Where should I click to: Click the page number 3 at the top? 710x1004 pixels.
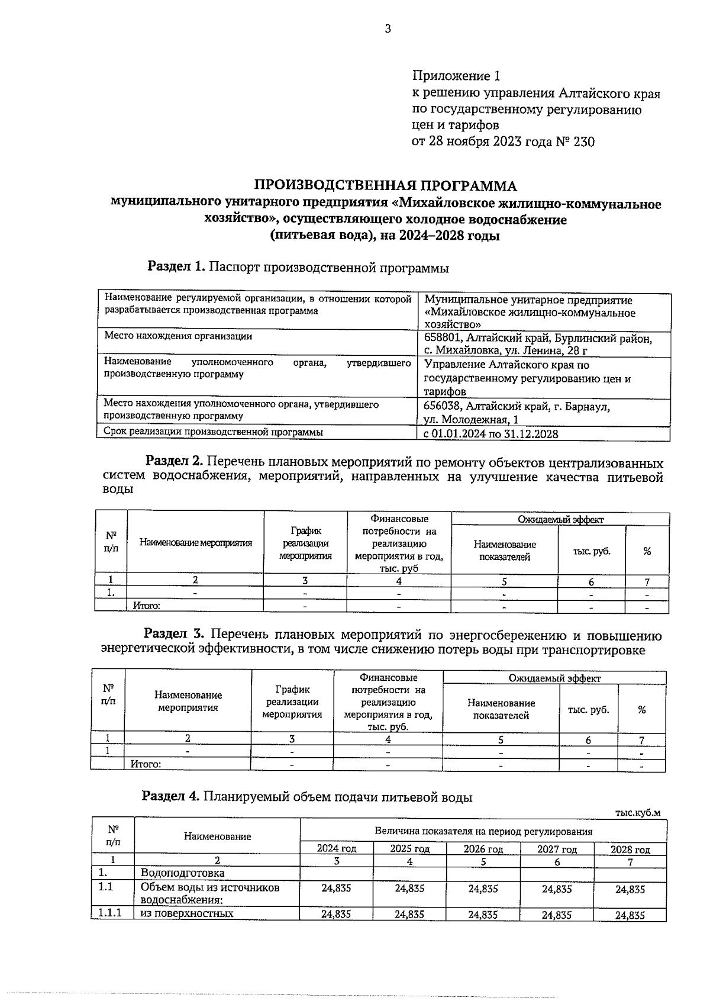(388, 29)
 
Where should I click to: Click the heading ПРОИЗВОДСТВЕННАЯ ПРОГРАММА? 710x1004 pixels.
(385, 186)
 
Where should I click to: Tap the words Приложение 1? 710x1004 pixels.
(456, 76)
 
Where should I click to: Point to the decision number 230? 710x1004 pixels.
(582, 142)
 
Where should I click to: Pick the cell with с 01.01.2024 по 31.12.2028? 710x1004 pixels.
(491, 434)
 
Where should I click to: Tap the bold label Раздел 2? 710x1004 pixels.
(175, 461)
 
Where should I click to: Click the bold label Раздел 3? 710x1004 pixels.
(174, 635)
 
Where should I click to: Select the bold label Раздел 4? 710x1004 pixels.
(170, 797)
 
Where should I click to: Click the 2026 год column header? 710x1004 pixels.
(483, 849)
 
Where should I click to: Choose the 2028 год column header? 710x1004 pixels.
(630, 849)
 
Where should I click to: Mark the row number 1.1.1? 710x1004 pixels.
(110, 913)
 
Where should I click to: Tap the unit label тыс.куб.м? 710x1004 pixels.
(637, 813)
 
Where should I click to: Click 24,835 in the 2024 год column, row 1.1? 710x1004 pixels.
(336, 889)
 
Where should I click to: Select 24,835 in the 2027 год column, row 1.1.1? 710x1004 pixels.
(556, 915)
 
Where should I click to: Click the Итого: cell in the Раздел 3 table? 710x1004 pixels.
(146, 764)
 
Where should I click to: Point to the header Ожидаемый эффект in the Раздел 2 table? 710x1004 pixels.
(560, 520)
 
